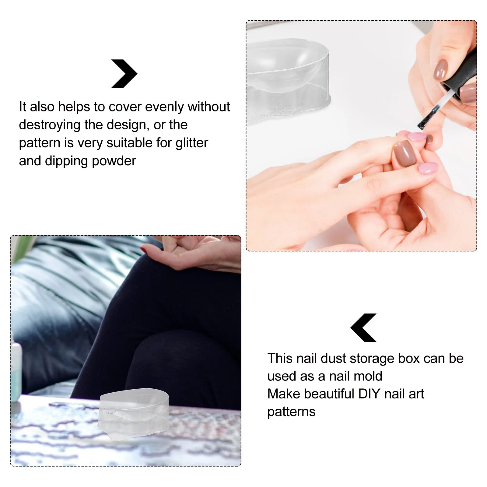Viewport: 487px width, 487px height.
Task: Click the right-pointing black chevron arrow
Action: pos(124,74)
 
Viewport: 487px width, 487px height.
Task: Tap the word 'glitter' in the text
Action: pos(192,143)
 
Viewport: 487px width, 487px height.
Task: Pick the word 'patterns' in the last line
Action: pos(291,412)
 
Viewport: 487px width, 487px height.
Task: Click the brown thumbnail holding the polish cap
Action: pos(440,70)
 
